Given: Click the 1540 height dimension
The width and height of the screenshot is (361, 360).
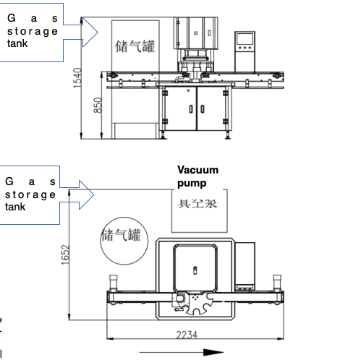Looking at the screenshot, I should [77, 78].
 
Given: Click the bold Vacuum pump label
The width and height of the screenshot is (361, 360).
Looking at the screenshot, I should [198, 176].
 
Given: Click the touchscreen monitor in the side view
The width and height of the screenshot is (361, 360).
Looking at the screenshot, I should [245, 43].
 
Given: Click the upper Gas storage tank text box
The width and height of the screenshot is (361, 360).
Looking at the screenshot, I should [33, 31].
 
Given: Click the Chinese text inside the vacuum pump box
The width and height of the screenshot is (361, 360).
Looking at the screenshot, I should [198, 202].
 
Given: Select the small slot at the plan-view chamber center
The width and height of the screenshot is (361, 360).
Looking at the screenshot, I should [194, 269].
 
